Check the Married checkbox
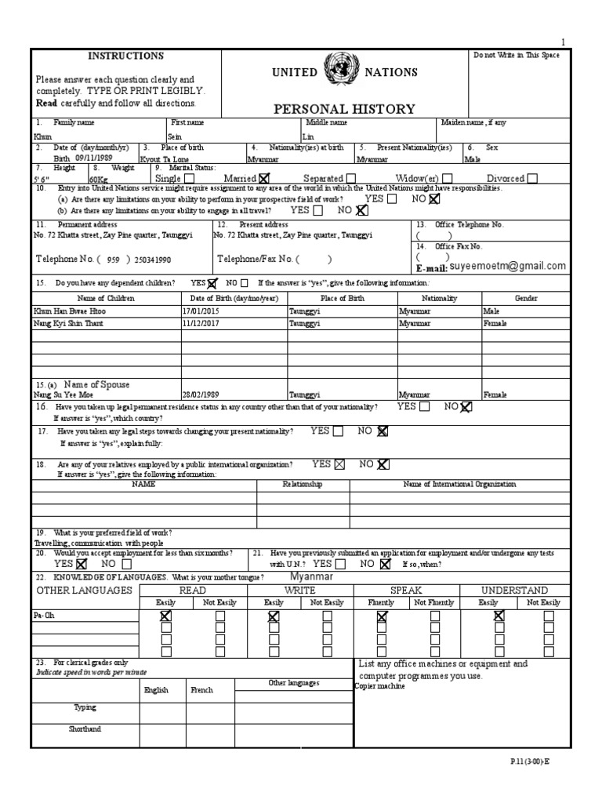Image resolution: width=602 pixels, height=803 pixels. point(263,179)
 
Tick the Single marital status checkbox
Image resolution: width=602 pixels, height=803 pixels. point(190,179)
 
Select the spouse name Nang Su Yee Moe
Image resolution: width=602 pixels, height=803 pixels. point(63,395)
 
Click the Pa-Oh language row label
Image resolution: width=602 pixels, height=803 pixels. point(44,616)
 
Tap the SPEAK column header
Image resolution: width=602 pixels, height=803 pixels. point(406,590)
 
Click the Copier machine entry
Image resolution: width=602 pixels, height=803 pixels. point(380,687)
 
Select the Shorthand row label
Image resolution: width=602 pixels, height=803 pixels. point(85,729)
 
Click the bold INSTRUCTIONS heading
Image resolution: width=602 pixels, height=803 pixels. point(125,56)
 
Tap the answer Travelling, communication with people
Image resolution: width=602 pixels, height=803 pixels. point(98,543)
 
